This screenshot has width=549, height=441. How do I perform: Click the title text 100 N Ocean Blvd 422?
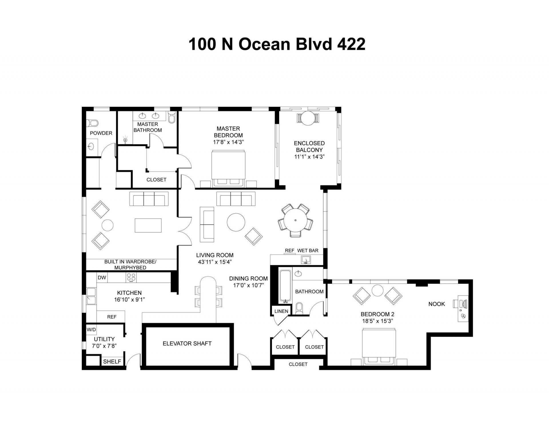click(x=277, y=45)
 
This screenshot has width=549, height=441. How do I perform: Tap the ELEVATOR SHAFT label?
click(x=187, y=344)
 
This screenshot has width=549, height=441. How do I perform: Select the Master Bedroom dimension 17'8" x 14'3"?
click(x=228, y=142)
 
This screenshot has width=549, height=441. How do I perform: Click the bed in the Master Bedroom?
click(x=228, y=169)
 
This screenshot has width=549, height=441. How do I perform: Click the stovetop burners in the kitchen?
click(x=131, y=277)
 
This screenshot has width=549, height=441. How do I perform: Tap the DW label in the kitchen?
click(x=102, y=278)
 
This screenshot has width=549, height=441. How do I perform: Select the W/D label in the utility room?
click(x=91, y=330)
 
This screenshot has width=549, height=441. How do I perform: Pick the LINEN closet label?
click(x=281, y=311)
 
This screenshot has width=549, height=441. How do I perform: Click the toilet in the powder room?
click(x=93, y=123)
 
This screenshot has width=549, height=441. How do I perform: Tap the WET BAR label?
click(x=308, y=250)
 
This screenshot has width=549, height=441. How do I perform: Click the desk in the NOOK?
click(x=463, y=308)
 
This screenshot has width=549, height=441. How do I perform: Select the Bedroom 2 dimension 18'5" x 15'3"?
click(x=377, y=321)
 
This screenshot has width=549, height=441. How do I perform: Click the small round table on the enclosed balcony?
click(x=308, y=118)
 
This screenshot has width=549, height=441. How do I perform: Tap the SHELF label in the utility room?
click(x=112, y=361)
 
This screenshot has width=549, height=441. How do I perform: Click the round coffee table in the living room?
click(x=236, y=222)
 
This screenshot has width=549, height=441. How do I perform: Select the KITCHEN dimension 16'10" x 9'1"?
click(x=129, y=300)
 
